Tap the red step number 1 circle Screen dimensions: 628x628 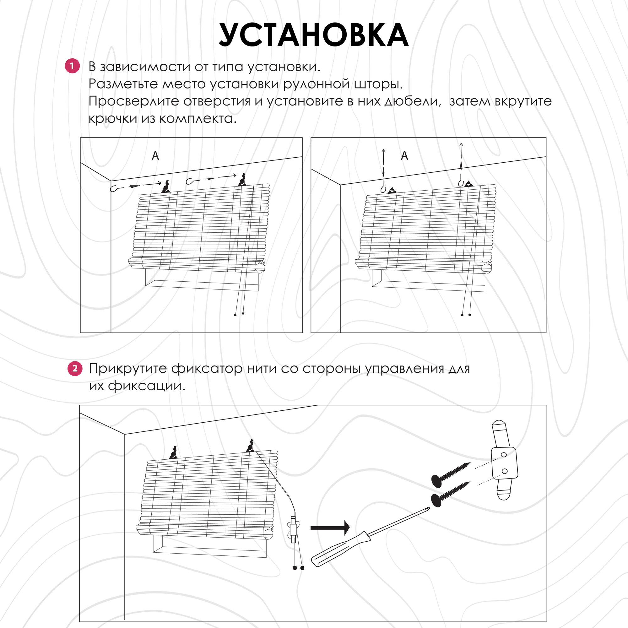pos(72,66)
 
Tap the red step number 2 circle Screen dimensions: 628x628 pos(75,369)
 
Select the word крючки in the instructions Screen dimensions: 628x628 pos(112,119)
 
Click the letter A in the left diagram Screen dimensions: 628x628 pos(155,156)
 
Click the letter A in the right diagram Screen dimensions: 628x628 pos(404,156)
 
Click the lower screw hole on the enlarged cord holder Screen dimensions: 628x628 pos(505,471)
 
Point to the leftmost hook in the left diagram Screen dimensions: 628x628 pos(114,188)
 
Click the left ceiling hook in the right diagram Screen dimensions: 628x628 pos(383,188)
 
